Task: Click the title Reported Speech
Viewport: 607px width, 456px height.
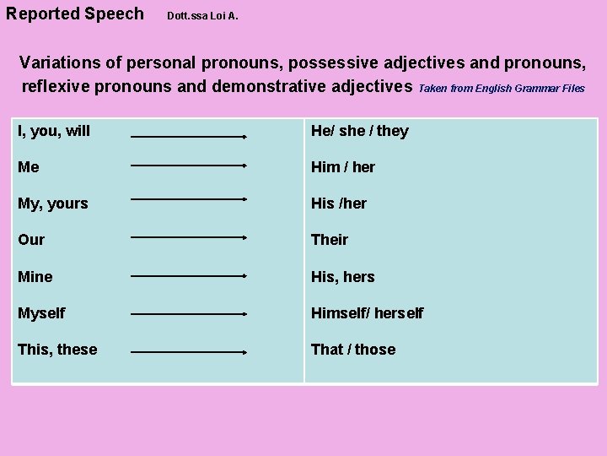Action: click(74, 14)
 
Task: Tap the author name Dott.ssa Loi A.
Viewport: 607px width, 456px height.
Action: click(203, 16)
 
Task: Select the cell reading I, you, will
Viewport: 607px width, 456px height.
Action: click(54, 131)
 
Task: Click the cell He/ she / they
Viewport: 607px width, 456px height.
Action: click(360, 131)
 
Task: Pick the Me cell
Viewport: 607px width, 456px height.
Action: click(29, 167)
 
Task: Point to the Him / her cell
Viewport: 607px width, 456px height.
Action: click(343, 167)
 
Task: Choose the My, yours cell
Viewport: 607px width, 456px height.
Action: click(52, 204)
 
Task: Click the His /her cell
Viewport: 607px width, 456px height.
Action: click(339, 204)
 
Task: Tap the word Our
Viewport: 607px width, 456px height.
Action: click(31, 240)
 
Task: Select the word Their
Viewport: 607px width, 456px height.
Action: click(330, 240)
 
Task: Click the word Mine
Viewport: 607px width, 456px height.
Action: click(35, 277)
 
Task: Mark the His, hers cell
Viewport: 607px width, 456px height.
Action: click(343, 277)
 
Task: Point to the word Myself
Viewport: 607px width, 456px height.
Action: click(41, 313)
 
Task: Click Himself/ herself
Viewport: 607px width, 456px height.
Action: click(368, 313)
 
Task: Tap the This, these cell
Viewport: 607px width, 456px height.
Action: click(57, 350)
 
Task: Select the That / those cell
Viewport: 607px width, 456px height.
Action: click(353, 350)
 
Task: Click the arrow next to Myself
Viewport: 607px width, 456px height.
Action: click(188, 314)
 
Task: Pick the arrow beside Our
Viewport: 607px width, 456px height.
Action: click(188, 238)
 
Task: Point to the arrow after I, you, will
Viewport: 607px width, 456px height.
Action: click(188, 136)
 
